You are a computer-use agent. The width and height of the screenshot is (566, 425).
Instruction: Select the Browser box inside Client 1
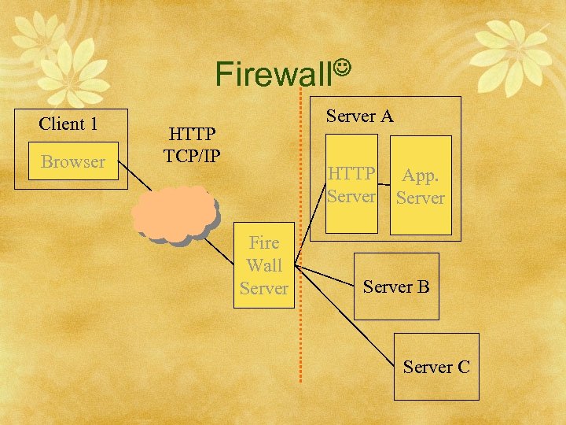72,161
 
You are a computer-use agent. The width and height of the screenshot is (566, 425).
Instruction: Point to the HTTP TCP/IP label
191,143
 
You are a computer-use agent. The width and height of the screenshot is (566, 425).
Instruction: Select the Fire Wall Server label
264,266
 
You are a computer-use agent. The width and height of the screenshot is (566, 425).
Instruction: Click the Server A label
359,116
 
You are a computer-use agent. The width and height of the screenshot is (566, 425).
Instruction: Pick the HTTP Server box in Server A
351,185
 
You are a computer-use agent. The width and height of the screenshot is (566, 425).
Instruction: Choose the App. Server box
421,186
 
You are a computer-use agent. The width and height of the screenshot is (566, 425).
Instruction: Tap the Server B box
396,286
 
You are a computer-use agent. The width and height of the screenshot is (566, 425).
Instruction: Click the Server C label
436,367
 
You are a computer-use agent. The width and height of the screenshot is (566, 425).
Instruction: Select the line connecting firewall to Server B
326,276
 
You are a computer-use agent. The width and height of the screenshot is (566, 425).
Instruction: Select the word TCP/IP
191,154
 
